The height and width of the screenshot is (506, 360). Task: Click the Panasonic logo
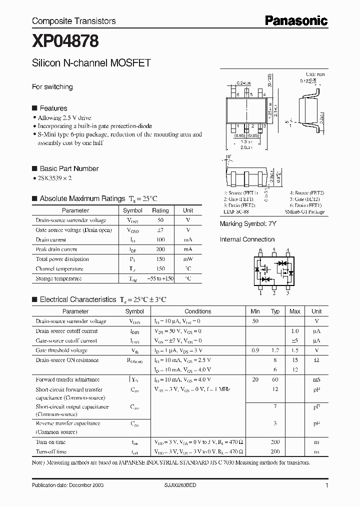tap(295, 20)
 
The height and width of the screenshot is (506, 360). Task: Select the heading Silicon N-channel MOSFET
tap(91, 63)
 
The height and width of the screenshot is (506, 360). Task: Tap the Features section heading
tap(53, 108)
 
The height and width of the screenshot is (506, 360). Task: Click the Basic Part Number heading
tap(68, 168)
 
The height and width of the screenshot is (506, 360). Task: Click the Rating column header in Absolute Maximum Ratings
tap(160, 210)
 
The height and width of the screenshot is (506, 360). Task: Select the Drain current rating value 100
tap(160, 240)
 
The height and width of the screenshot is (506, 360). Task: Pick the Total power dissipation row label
tap(62, 259)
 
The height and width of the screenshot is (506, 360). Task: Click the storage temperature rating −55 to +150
tap(160, 278)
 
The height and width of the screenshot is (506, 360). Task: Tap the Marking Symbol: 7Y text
tap(247, 224)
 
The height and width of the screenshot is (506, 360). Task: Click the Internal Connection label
tap(247, 239)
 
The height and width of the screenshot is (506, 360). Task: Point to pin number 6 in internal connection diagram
tap(260, 250)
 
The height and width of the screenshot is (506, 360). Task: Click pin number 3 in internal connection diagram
tap(287, 293)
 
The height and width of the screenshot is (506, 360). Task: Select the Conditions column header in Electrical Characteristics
tap(198, 311)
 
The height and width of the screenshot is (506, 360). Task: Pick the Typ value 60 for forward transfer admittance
tap(275, 380)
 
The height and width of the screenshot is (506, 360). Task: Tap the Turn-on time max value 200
tap(275, 442)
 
